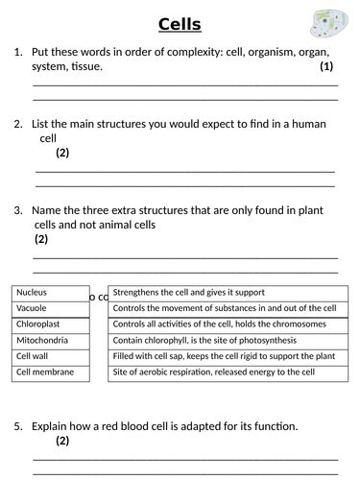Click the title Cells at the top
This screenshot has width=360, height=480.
coord(180,23)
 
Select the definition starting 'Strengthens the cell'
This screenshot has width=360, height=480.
coord(228,293)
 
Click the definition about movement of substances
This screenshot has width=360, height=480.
coord(228,308)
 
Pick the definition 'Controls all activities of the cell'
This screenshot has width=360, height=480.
coord(228,324)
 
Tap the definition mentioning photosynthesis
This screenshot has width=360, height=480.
coord(228,340)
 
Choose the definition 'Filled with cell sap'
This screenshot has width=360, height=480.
coord(228,356)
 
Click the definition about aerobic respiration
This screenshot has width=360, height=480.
coord(228,372)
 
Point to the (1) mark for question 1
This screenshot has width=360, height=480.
coord(326,67)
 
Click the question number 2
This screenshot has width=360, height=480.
coord(18,124)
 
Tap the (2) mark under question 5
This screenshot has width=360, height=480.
coord(62,441)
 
